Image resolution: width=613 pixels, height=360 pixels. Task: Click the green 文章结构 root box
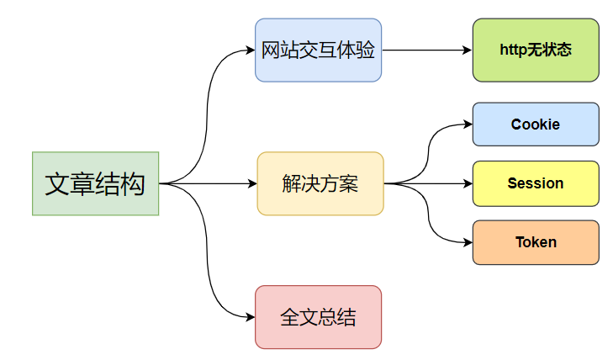[x=95, y=183]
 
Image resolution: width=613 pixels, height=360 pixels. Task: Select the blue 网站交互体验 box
[x=318, y=50]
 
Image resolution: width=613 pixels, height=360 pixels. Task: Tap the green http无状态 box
[x=536, y=50]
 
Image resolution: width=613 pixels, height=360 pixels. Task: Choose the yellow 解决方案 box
[x=320, y=183]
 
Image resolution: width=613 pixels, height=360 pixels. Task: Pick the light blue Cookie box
[x=536, y=124]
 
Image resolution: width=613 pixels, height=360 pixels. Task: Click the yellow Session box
[x=536, y=183]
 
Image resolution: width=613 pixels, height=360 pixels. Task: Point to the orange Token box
[x=536, y=242]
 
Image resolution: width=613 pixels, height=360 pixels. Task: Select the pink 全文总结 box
[x=318, y=317]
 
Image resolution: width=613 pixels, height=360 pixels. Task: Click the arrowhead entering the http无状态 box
[x=467, y=50]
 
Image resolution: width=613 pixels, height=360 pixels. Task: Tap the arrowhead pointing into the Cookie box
[x=467, y=124]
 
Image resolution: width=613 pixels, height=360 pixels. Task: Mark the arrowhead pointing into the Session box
[x=467, y=183]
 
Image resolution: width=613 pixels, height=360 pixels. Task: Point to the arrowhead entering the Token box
[x=467, y=242]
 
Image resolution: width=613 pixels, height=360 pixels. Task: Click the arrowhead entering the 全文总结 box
[x=250, y=317]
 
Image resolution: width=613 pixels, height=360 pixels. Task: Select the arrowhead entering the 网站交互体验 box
[x=250, y=50]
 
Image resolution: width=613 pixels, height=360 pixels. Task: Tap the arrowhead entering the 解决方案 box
[x=251, y=183]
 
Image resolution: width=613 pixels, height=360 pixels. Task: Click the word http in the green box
[x=513, y=50]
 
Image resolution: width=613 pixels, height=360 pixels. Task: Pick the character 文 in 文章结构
[x=57, y=183]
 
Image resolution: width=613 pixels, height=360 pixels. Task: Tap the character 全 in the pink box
[x=289, y=317]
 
